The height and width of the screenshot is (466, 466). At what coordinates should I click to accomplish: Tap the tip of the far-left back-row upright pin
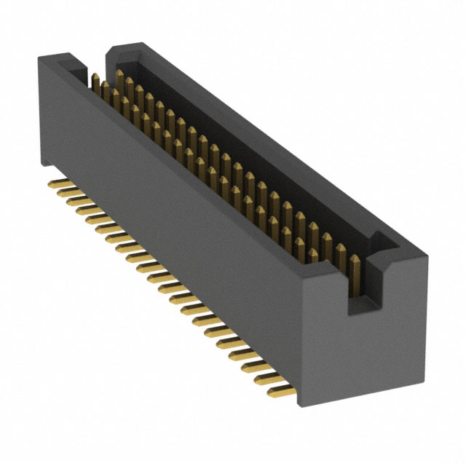point(119,74)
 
